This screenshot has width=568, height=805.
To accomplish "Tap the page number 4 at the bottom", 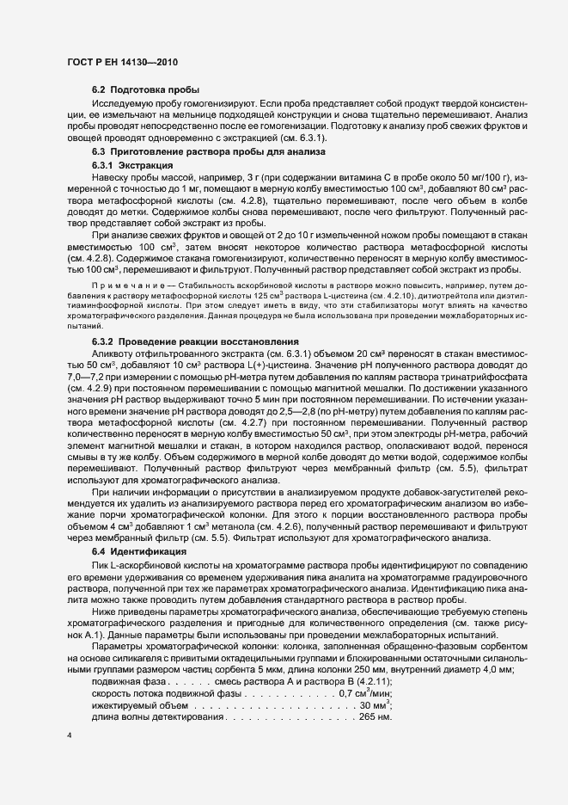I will pos(70,736).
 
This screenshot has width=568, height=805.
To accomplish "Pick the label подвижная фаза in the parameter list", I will pos(126,656).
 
